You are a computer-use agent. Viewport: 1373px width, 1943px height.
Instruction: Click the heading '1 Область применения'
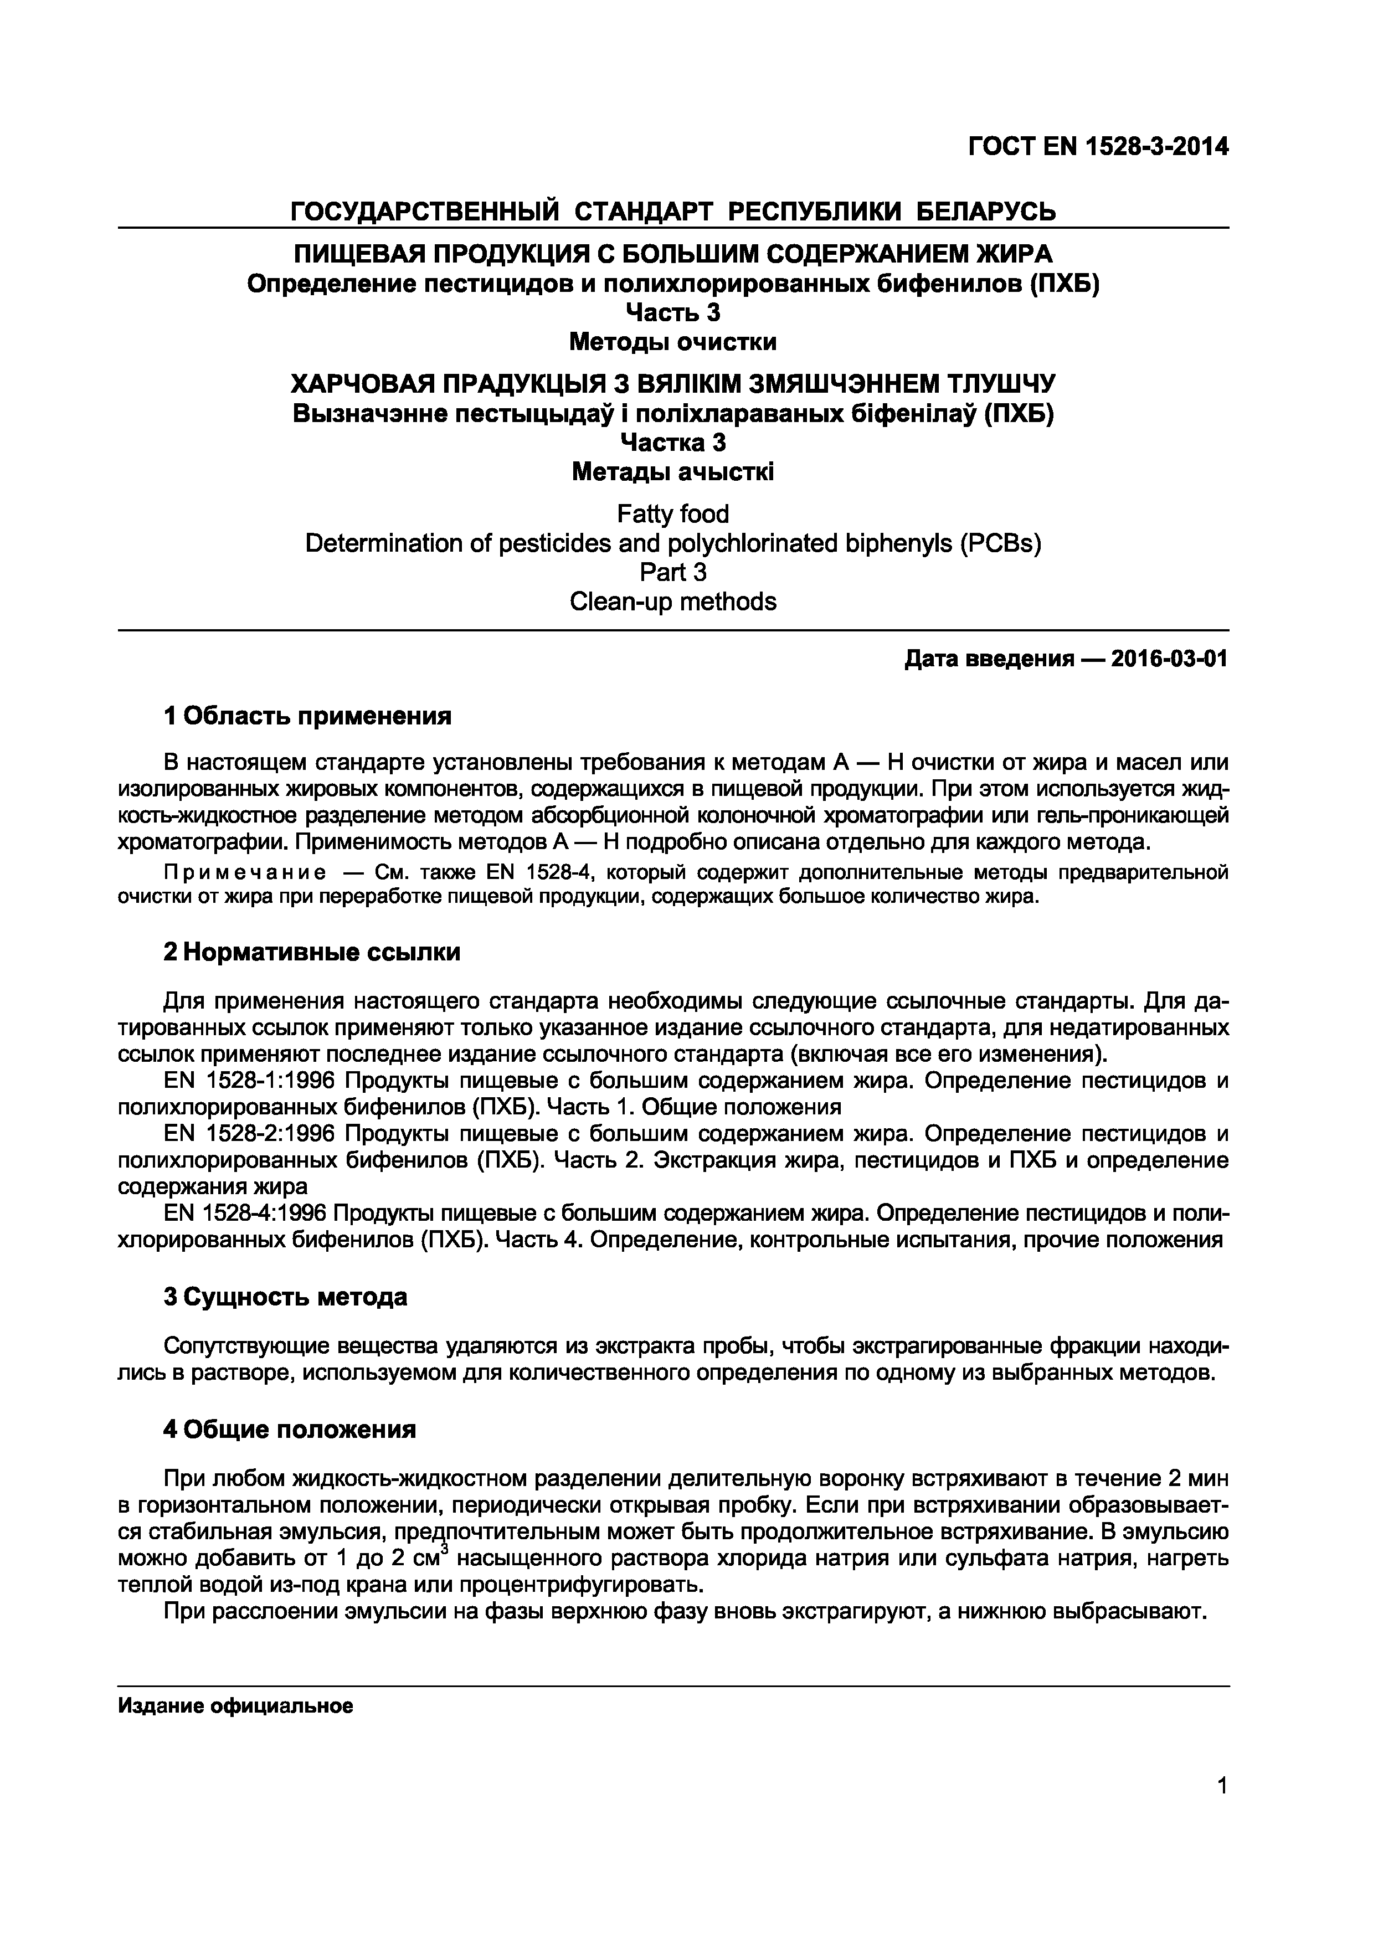[307, 717]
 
